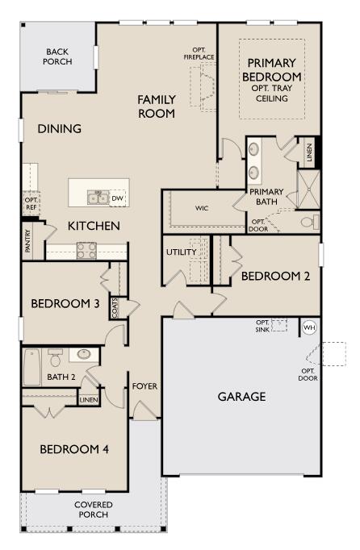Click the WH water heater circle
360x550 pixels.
pyautogui.click(x=309, y=327)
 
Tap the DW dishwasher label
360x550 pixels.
pyautogui.click(x=117, y=198)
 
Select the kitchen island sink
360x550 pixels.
pyautogui.click(x=98, y=198)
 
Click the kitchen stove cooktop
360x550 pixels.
pyautogui.click(x=86, y=251)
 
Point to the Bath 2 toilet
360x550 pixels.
pyautogui.click(x=55, y=357)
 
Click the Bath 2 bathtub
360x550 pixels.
pyautogui.click(x=32, y=367)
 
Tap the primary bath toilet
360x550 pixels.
pyautogui.click(x=311, y=222)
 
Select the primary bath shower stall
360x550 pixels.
pyautogui.click(x=308, y=190)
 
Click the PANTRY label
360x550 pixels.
pyautogui.click(x=28, y=241)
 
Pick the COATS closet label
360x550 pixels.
pyautogui.click(x=115, y=308)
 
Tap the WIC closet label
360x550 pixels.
pyautogui.click(x=202, y=208)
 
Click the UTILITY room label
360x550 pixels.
pyautogui.click(x=182, y=252)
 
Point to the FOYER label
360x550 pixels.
pyautogui.click(x=144, y=386)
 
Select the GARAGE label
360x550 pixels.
pyautogui.click(x=241, y=397)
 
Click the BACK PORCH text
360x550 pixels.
pyautogui.click(x=57, y=56)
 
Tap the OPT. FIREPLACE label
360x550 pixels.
pyautogui.click(x=199, y=53)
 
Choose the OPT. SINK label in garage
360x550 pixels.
pyautogui.click(x=262, y=326)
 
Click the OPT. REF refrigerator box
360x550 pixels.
pyautogui.click(x=31, y=203)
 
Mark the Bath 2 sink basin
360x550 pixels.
pyautogui.click(x=84, y=354)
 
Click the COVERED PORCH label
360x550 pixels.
pyautogui.click(x=94, y=510)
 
